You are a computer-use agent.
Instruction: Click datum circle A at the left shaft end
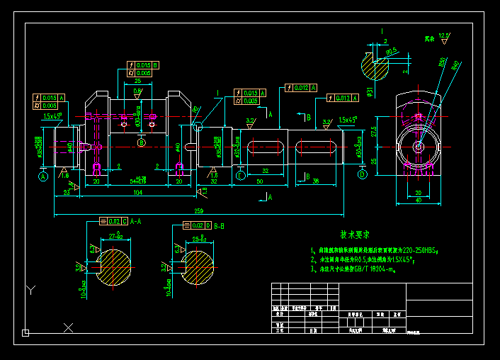click(x=43, y=176)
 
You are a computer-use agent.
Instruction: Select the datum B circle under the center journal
click(x=141, y=144)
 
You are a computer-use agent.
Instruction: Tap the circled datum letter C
click(x=241, y=175)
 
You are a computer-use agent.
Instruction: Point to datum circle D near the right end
click(x=363, y=174)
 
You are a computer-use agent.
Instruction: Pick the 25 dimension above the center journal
click(x=137, y=81)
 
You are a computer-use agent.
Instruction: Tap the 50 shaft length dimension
click(x=260, y=182)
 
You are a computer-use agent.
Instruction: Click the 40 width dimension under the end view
click(x=418, y=201)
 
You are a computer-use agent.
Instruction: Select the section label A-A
click(x=137, y=222)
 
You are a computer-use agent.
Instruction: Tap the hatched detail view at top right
click(x=375, y=69)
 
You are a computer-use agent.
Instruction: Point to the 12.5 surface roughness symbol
click(x=443, y=36)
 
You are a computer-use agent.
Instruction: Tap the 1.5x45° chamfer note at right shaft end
click(x=348, y=120)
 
